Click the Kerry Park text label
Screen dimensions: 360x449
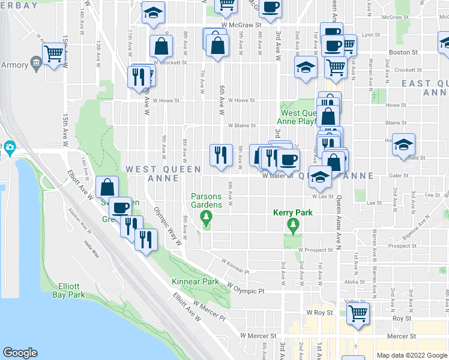point(294,212)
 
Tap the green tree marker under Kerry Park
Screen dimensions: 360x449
point(294,226)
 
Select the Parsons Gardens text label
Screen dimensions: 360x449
point(206,200)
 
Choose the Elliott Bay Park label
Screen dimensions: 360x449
point(68,290)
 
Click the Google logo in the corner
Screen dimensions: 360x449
point(20,353)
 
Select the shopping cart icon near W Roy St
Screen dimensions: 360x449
point(358,313)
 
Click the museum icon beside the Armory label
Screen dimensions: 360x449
point(35,64)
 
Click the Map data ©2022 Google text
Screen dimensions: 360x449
point(411,355)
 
